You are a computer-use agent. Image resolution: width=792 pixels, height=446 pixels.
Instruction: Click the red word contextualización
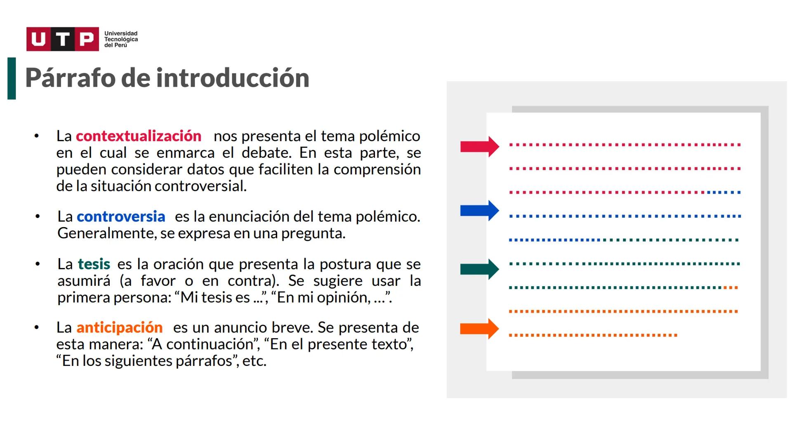point(139,136)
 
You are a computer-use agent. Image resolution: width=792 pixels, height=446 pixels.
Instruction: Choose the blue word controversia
point(121,216)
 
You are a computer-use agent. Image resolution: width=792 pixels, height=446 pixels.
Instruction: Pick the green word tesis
point(94,264)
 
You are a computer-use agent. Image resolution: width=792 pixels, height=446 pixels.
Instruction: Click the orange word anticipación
point(120,327)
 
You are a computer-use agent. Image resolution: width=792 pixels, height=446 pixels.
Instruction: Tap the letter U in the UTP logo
point(38,39)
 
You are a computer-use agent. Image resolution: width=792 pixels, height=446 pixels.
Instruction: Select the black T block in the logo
point(63,39)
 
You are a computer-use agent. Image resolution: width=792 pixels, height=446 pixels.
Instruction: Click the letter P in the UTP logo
point(87,39)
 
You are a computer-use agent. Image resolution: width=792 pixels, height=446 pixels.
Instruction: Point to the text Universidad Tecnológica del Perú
point(121,39)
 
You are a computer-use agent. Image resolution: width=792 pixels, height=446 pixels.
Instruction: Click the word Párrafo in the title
point(70,78)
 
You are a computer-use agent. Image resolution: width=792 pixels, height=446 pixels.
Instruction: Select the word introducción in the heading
point(233,78)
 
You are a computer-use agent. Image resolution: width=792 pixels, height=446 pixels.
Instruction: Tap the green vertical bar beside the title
point(12,78)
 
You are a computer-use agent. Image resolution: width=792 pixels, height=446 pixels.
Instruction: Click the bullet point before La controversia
point(38,216)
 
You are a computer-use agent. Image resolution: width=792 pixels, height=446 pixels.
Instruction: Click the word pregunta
point(313,233)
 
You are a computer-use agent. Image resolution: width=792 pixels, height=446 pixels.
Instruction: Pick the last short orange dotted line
point(593,335)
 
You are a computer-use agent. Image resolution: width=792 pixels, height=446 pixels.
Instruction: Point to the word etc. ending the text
point(254,361)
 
